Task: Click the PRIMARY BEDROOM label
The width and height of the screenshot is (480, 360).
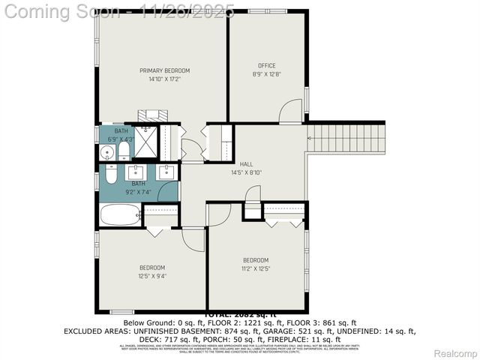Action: click(x=164, y=70)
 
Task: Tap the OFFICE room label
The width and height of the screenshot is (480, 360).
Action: click(x=267, y=65)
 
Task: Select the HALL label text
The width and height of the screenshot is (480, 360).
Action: click(x=246, y=163)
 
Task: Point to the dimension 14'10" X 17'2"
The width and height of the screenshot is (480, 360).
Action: click(x=164, y=79)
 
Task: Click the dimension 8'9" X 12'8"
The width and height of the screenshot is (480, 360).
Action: click(x=267, y=73)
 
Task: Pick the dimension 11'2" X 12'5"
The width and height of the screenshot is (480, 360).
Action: click(x=255, y=268)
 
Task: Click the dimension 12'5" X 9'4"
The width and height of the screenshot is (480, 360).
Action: click(x=152, y=275)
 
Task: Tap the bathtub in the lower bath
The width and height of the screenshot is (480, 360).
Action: click(x=120, y=215)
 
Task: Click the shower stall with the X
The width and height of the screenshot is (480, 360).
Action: click(x=143, y=142)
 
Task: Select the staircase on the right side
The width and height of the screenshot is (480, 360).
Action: click(x=346, y=139)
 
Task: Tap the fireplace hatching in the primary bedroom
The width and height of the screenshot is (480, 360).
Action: click(x=153, y=115)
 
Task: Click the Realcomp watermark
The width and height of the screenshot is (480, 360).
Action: click(x=454, y=353)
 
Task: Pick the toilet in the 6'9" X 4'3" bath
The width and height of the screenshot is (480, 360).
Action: click(x=122, y=152)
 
